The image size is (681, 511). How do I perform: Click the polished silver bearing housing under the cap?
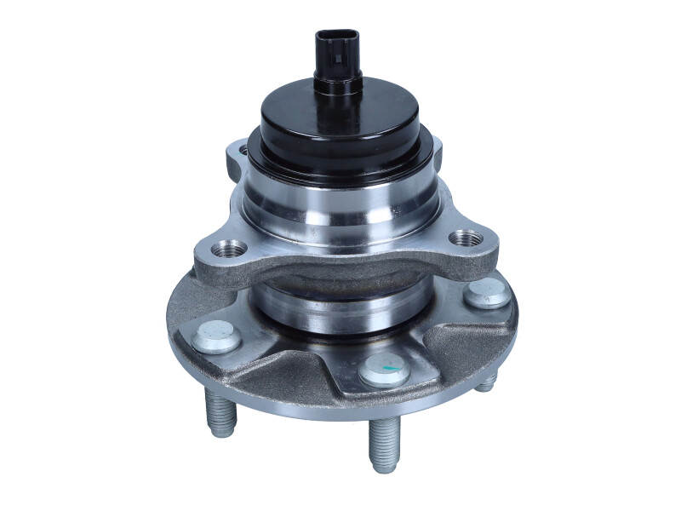pos(340,209)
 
